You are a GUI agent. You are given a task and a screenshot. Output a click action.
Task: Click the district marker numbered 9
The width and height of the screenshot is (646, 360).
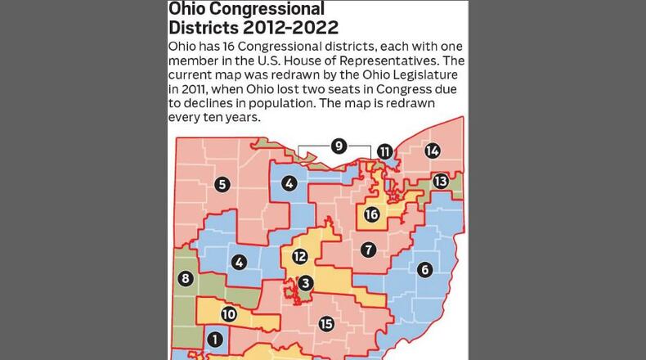(339, 146)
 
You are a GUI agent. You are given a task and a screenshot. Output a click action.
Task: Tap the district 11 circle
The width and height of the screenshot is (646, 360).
(384, 151)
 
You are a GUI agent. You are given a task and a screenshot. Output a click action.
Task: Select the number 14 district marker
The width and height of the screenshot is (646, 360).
(433, 151)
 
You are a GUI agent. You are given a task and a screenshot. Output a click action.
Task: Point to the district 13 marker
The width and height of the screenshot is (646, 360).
(441, 181)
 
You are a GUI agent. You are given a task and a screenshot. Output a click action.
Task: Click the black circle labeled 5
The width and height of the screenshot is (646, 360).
(222, 185)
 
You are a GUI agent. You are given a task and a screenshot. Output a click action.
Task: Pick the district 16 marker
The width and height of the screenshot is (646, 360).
(372, 214)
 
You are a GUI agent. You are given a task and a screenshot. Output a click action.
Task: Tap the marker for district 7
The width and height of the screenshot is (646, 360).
(369, 249)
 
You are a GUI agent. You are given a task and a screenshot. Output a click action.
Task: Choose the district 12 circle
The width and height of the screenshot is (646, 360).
(299, 256)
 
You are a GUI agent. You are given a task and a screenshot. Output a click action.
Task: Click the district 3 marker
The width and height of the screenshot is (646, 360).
(305, 283)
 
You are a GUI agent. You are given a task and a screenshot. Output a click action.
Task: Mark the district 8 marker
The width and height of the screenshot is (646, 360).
(186, 279)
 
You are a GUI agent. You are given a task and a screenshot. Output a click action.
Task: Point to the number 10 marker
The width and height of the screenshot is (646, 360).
(229, 313)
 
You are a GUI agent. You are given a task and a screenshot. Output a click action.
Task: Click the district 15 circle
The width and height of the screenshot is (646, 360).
(326, 324)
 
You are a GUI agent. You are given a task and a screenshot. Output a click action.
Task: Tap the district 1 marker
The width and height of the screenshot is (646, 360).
(214, 338)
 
